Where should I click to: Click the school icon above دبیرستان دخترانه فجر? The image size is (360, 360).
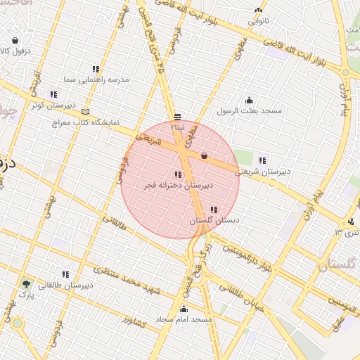click(x=176, y=174)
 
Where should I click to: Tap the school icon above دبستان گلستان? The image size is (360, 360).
click(x=213, y=210)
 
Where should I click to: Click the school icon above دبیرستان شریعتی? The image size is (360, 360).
click(x=262, y=160)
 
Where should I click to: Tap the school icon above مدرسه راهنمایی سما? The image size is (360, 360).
click(x=95, y=69)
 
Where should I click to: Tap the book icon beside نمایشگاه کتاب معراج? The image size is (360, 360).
click(x=86, y=112)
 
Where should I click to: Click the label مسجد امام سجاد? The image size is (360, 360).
click(x=186, y=319)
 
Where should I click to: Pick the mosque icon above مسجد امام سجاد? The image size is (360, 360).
click(x=184, y=309)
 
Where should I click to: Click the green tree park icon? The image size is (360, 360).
click(x=27, y=284)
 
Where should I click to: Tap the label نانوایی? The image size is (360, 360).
click(x=257, y=21)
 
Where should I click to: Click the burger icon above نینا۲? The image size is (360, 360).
click(x=178, y=117)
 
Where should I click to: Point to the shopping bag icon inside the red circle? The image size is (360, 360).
click(x=204, y=155)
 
